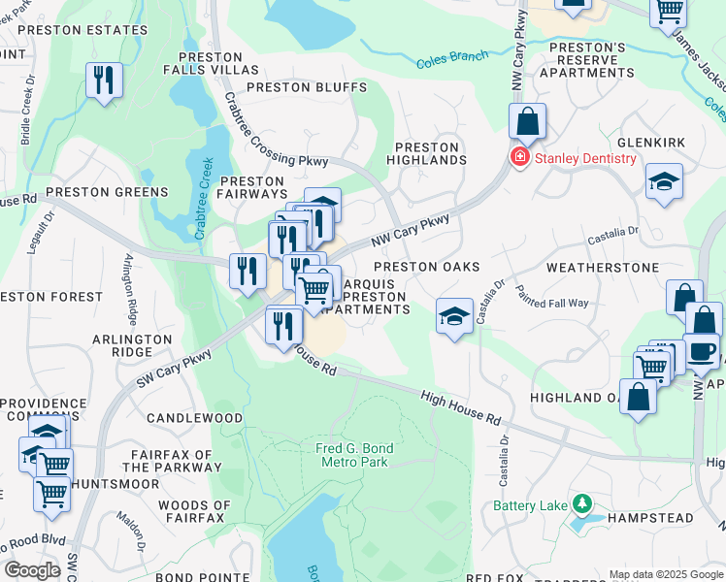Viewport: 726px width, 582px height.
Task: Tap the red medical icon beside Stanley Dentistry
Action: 520,158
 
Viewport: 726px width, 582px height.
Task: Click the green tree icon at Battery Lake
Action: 581,503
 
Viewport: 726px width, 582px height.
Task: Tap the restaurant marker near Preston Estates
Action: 105,80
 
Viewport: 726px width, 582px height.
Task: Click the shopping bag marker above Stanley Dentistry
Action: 527,122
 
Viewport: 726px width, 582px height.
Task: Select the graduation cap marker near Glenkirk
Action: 664,181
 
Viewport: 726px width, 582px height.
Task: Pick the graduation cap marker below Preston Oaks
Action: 453,316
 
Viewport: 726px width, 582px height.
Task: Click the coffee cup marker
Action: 701,352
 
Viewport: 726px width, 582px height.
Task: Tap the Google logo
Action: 32,570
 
